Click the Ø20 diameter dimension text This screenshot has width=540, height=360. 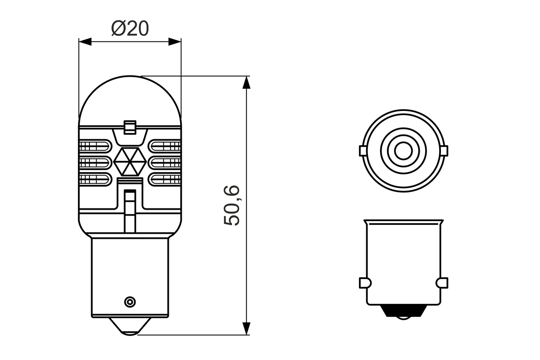(130, 29)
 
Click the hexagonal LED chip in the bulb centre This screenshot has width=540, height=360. (130, 162)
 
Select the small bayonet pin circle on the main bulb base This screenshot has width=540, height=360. (130, 301)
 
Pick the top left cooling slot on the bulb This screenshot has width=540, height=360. (95, 146)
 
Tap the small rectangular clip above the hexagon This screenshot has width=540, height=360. (130, 127)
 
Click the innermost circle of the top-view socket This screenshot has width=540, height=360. (403, 150)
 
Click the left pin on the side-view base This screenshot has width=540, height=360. (364, 282)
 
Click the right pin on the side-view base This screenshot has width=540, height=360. (442, 282)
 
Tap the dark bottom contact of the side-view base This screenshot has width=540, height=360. (403, 311)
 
